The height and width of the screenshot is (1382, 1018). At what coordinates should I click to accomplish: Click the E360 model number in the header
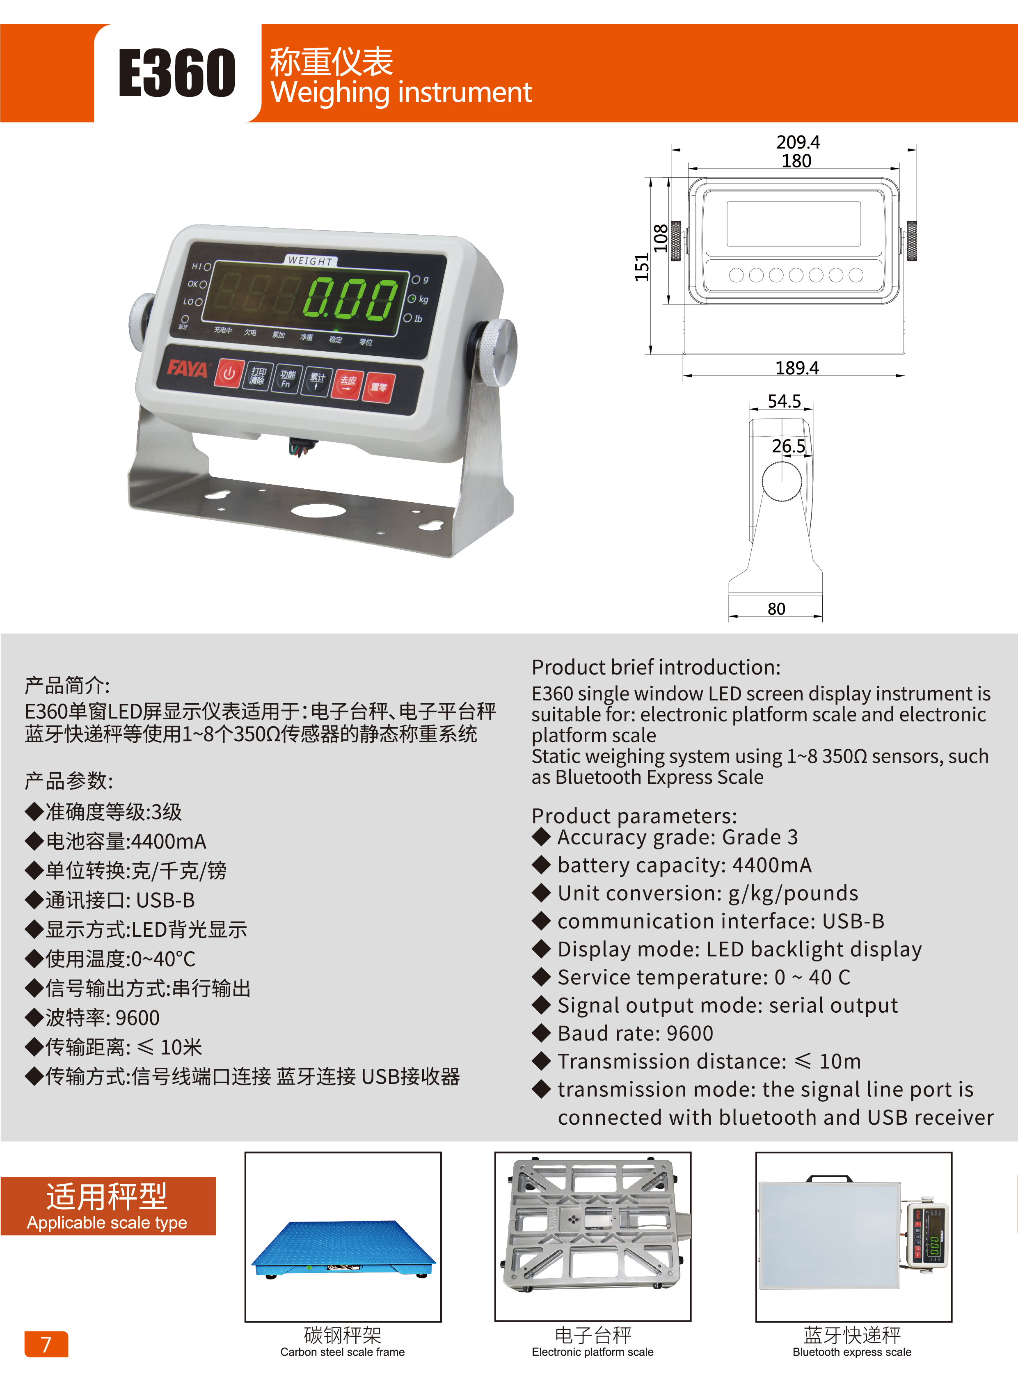[177, 73]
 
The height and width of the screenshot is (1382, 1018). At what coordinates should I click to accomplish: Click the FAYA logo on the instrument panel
[188, 368]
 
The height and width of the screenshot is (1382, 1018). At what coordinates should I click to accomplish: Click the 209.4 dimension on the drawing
[798, 142]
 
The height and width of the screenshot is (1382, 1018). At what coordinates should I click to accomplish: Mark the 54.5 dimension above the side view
[784, 401]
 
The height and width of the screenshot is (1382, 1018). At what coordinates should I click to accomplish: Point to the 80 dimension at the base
[776, 609]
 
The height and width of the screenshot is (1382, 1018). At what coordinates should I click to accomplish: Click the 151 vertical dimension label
[642, 268]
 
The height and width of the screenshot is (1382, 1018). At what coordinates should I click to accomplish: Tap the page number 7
[46, 1344]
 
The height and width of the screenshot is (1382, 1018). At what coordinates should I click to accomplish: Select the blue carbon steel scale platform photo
[343, 1249]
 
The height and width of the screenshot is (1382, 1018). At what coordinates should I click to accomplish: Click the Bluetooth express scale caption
[852, 1352]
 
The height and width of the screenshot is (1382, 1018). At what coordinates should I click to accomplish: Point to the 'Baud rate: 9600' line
[635, 1033]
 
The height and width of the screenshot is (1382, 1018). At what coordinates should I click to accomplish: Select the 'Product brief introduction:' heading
[656, 667]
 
